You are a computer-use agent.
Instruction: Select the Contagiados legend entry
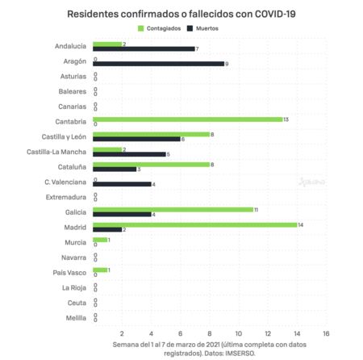pos(165,28)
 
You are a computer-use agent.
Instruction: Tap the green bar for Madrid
pos(194,224)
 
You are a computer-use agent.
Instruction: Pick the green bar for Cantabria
pos(188,119)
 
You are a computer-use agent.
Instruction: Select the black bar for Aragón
pos(159,64)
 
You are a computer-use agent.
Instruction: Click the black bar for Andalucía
pos(144,48)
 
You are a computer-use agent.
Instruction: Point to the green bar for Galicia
pos(173,209)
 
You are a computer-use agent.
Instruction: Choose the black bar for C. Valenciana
pos(123,184)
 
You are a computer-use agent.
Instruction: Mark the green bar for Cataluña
pos(152,164)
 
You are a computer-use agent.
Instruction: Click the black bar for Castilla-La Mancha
pos(130,154)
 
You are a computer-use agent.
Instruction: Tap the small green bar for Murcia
pos(100,239)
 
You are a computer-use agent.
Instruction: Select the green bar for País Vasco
pos(100,270)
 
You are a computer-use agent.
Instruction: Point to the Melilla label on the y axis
pos(74,317)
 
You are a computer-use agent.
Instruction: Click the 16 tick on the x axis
pos(326,333)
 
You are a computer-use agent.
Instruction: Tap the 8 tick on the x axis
pos(210,333)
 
